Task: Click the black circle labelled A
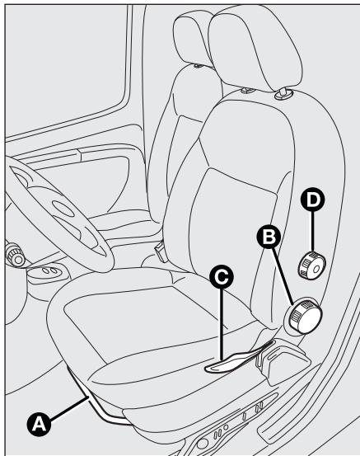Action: pos(38,425)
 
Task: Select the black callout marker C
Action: pos(220,280)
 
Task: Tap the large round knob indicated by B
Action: pos(303,317)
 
